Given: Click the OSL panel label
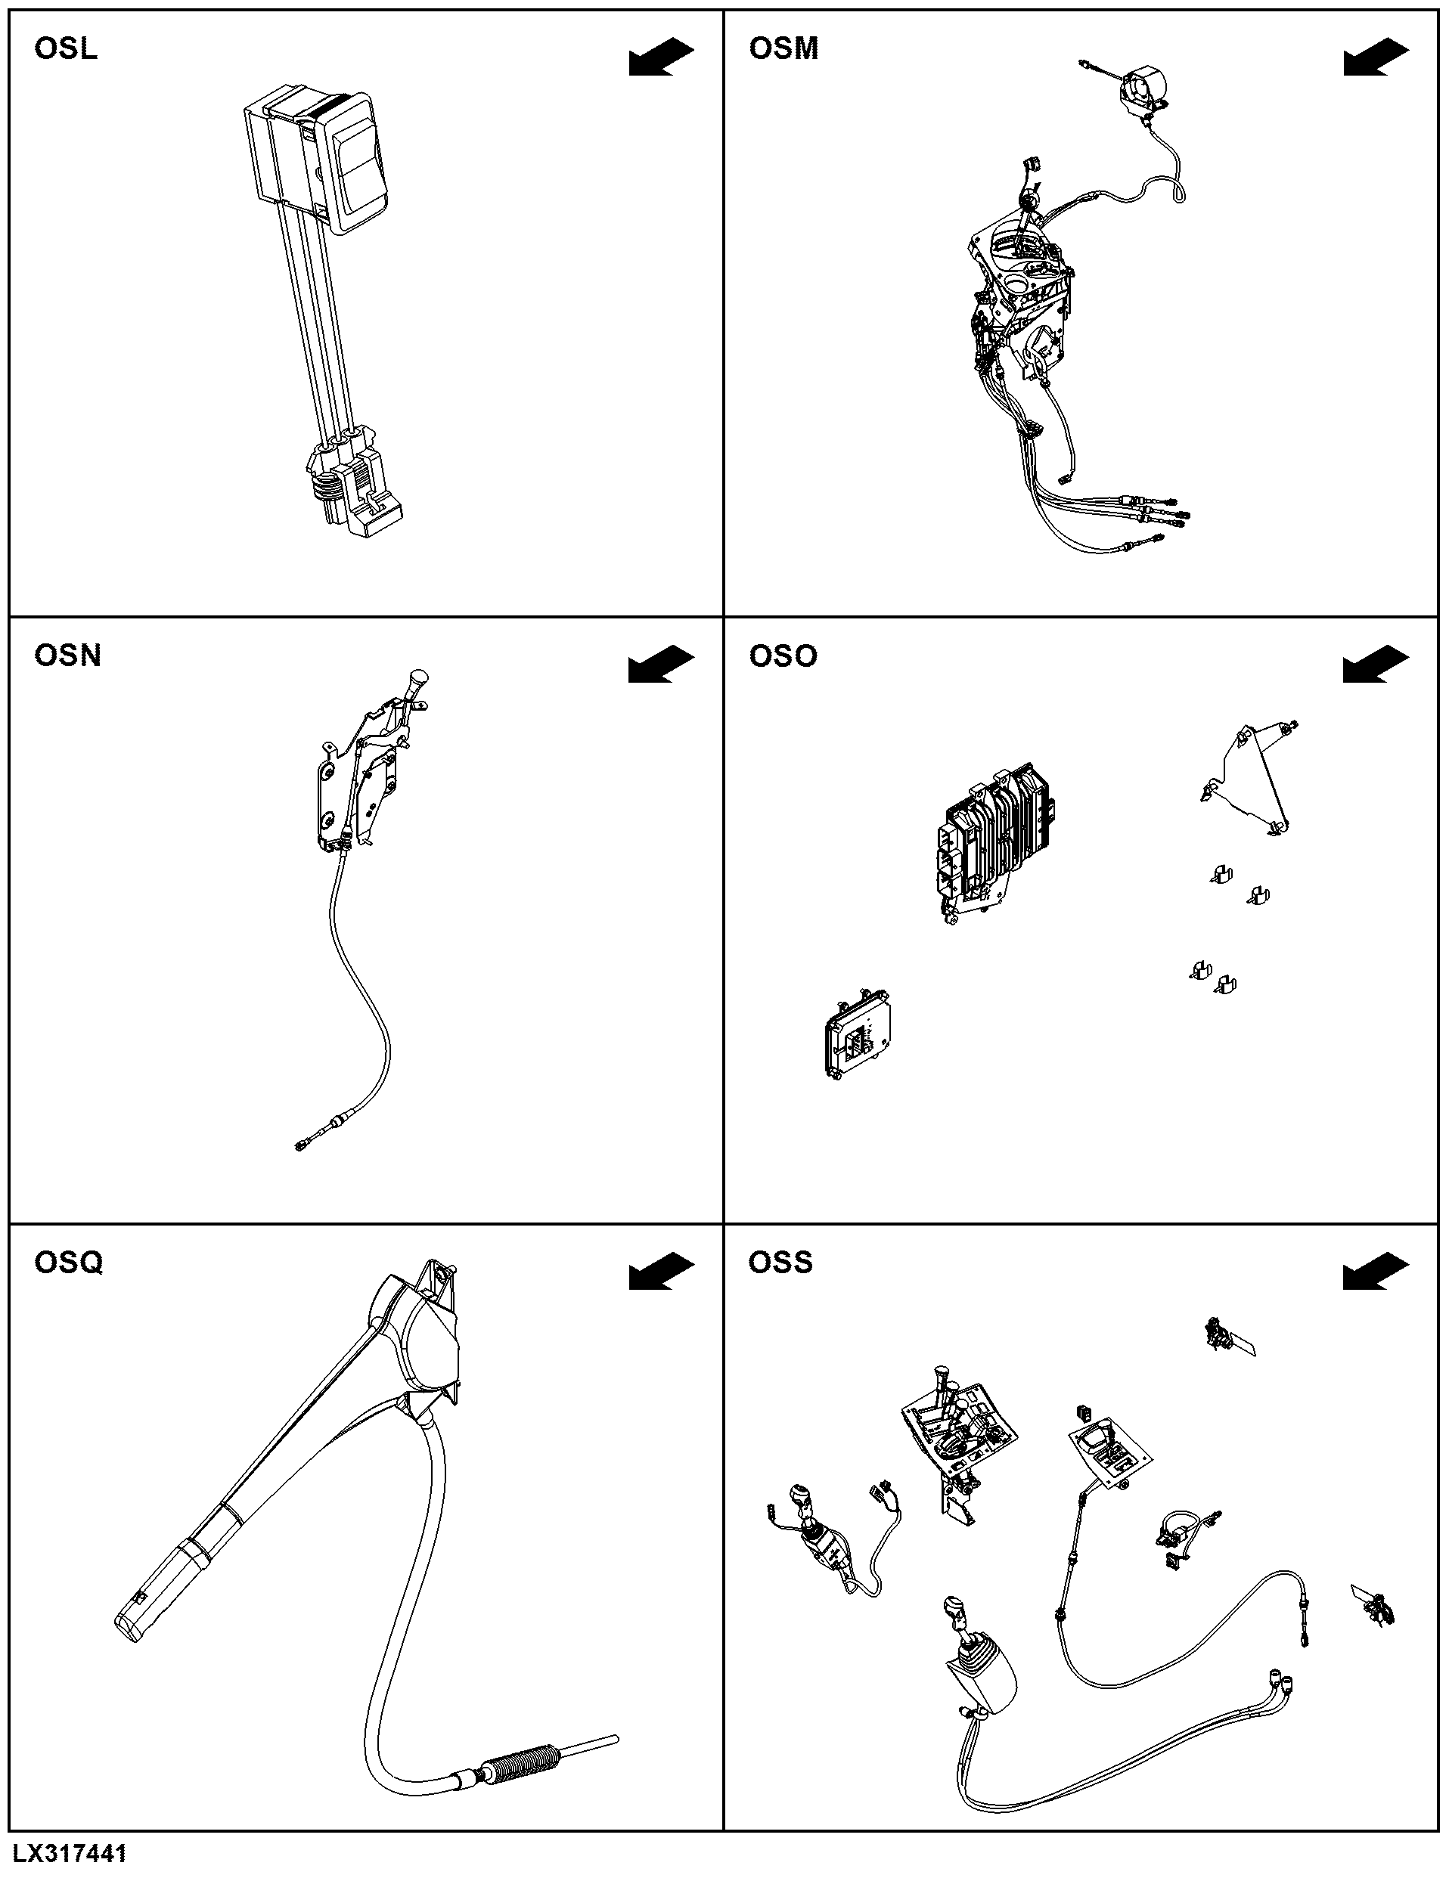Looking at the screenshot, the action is tap(67, 49).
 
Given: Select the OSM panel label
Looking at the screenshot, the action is tap(783, 49).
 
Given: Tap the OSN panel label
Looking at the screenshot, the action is tap(68, 656).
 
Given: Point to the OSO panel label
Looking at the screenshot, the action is tap(783, 656).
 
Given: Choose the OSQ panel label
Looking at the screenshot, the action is tap(69, 1263).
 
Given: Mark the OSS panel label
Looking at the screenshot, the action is tap(780, 1263).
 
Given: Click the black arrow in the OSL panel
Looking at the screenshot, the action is tap(661, 57).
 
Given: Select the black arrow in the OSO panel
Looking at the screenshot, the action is tap(1376, 665).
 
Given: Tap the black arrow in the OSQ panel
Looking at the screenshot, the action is tap(661, 1272).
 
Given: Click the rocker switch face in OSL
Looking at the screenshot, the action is tap(357, 168).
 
